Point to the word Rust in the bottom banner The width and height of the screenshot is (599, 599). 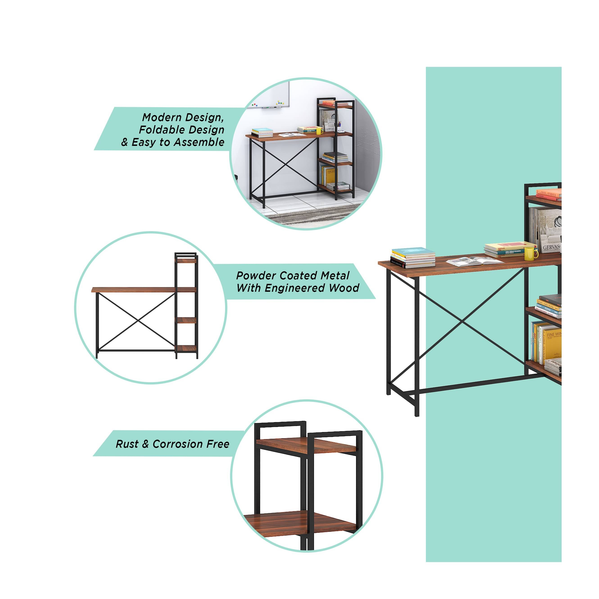[x=127, y=444]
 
